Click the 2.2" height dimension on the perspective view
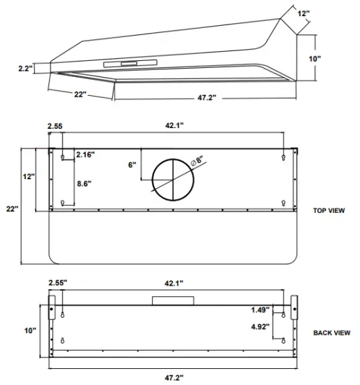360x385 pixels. pos(25,69)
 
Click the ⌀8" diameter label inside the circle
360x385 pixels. pos(198,161)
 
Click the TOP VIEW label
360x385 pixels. pos(328,210)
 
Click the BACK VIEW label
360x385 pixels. pos(331,332)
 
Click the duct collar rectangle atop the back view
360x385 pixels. pos(172,300)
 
